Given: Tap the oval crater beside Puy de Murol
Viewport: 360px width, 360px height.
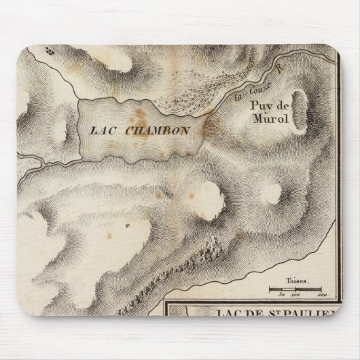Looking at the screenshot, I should tap(300, 110).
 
